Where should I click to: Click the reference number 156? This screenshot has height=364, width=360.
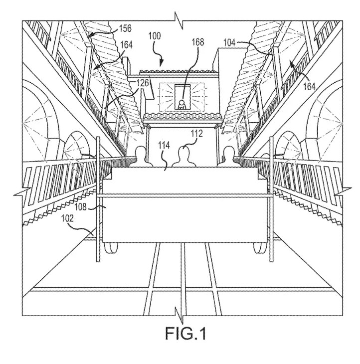[x=125, y=28]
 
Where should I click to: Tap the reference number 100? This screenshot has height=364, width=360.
[x=155, y=36]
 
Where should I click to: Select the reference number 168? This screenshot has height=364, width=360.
[x=198, y=42]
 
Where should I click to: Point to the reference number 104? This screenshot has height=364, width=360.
[x=229, y=43]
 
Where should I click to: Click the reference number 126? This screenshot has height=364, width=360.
[x=142, y=83]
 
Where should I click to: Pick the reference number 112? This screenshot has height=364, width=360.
[x=197, y=134]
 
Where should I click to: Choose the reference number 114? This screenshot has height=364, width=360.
[x=164, y=146]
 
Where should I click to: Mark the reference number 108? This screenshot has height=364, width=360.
[x=80, y=206]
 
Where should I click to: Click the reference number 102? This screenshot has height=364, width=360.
[x=67, y=218]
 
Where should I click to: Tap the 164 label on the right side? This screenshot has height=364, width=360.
[x=310, y=87]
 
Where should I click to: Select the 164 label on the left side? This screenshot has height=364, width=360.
[x=126, y=45]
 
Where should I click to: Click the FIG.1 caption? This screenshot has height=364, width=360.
[x=185, y=334]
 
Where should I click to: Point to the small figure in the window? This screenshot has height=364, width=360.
[x=181, y=105]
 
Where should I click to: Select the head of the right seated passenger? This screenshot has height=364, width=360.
[x=228, y=151]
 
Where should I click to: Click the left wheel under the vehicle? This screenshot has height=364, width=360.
[x=111, y=248]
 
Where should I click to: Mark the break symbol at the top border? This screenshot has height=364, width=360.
[x=179, y=21]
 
